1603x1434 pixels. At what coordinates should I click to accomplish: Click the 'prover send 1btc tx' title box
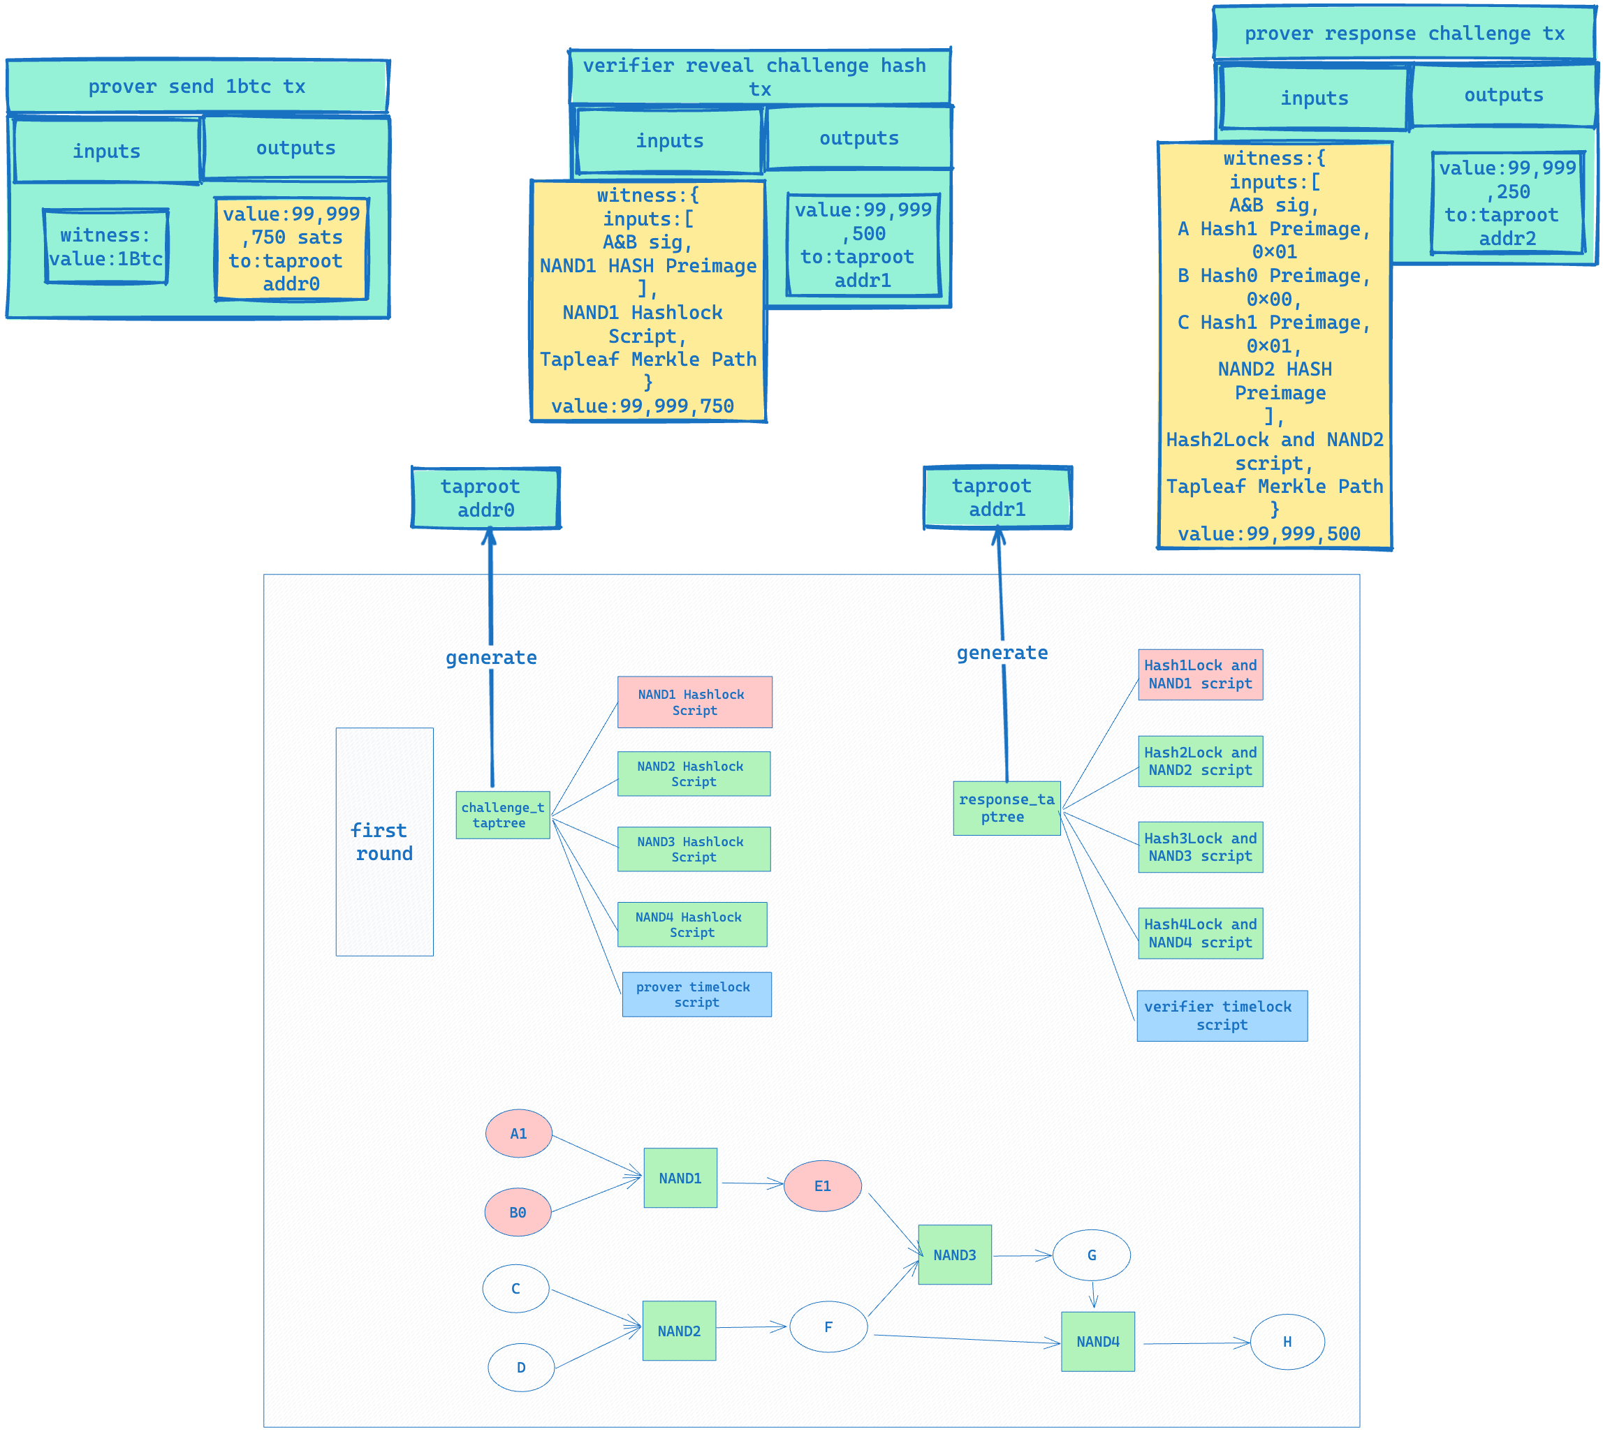pyautogui.click(x=197, y=86)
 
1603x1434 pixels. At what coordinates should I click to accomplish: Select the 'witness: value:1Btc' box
pyautogui.click(x=105, y=246)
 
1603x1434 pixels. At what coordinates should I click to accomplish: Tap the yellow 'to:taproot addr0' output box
pyautogui.click(x=291, y=249)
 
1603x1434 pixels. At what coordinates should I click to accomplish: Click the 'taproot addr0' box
pyautogui.click(x=485, y=498)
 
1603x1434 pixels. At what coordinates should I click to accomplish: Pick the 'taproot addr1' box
pyautogui.click(x=997, y=497)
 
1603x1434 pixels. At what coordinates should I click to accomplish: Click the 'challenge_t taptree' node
pyautogui.click(x=503, y=815)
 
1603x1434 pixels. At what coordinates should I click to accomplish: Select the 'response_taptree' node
pyautogui.click(x=1007, y=808)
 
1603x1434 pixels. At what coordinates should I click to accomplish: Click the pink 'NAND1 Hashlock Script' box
pyautogui.click(x=694, y=702)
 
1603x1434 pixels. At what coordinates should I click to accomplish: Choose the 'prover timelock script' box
pyautogui.click(x=696, y=994)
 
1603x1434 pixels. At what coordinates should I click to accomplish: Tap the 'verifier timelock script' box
pyautogui.click(x=1221, y=1016)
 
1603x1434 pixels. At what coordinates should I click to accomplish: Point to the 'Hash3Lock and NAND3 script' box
pyautogui.click(x=1199, y=847)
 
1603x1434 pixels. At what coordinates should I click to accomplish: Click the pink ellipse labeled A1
pyautogui.click(x=518, y=1133)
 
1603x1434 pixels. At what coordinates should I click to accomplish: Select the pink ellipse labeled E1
pyautogui.click(x=822, y=1185)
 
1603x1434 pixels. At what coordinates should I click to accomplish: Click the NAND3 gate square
pyautogui.click(x=954, y=1255)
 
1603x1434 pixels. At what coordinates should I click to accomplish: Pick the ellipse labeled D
pyautogui.click(x=520, y=1367)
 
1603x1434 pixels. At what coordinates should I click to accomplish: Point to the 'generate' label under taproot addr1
pyautogui.click(x=1002, y=652)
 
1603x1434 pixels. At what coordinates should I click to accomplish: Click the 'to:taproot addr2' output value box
pyautogui.click(x=1507, y=203)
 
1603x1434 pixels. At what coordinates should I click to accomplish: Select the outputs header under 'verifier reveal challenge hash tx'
pyautogui.click(x=858, y=138)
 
